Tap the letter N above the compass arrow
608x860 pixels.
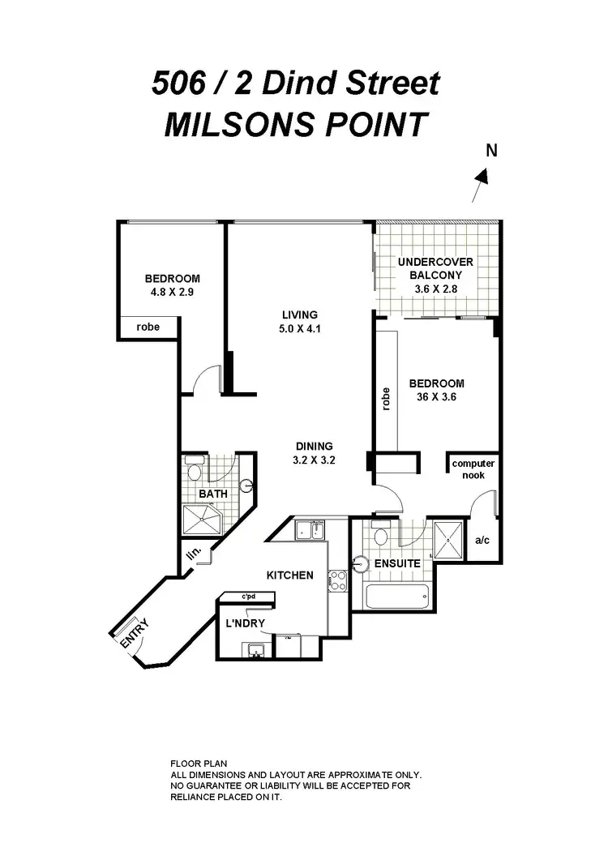pyautogui.click(x=490, y=150)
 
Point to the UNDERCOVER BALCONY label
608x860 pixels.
pyautogui.click(x=435, y=268)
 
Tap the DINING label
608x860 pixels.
pyautogui.click(x=314, y=446)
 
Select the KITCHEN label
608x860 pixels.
pyautogui.click(x=290, y=575)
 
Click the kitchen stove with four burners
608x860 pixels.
pyautogui.click(x=336, y=580)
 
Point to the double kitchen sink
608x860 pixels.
pyautogui.click(x=310, y=531)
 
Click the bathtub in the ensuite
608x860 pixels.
pyautogui.click(x=396, y=598)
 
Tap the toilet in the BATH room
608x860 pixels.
pyautogui.click(x=195, y=471)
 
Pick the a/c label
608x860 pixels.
pyautogui.click(x=481, y=540)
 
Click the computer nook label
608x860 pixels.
pyautogui.click(x=473, y=469)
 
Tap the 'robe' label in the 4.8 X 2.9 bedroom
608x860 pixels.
pyautogui.click(x=147, y=327)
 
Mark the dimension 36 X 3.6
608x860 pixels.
pyautogui.click(x=436, y=398)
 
